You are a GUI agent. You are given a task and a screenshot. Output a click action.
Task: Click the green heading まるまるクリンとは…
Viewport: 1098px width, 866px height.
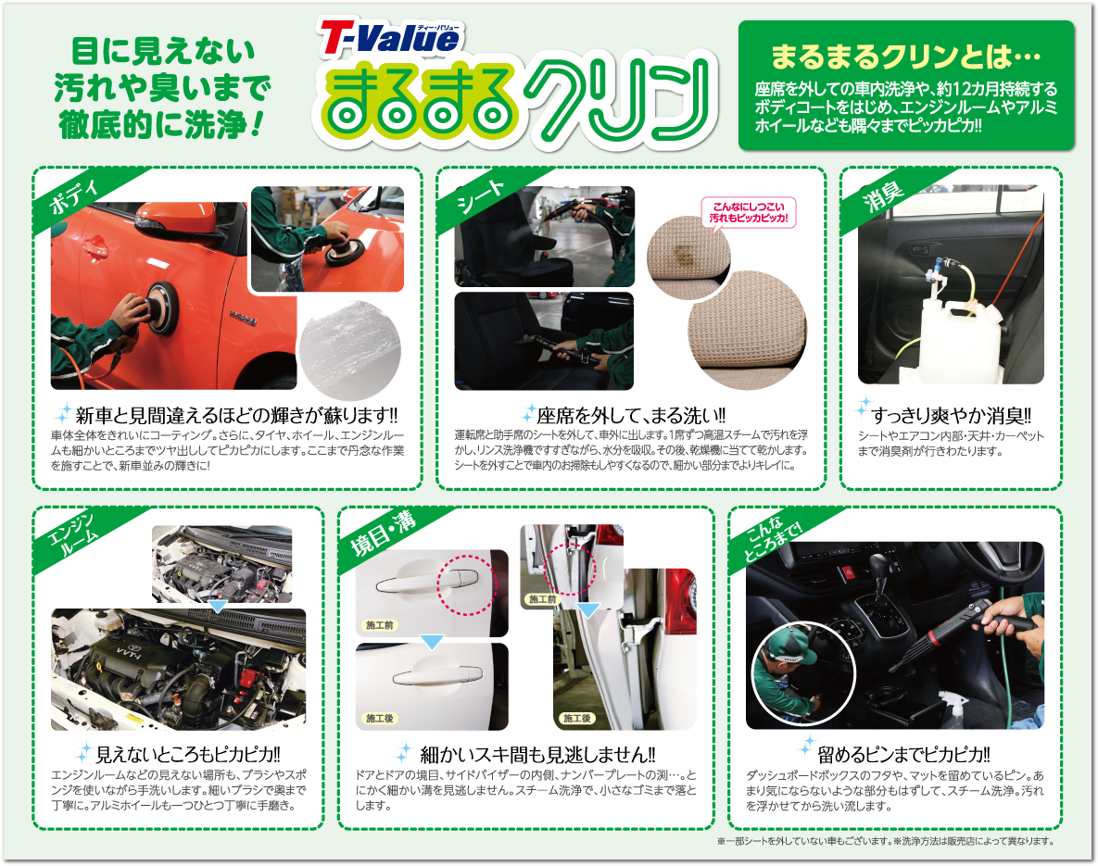(905, 57)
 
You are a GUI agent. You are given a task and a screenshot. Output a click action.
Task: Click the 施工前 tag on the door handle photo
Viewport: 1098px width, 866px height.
(379, 625)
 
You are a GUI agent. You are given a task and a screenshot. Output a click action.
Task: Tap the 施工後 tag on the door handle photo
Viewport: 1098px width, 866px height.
(380, 718)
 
